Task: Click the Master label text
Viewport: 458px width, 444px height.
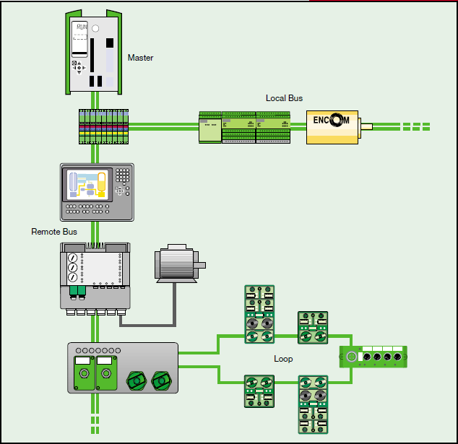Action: (x=140, y=58)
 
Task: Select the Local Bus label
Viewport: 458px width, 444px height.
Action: (x=284, y=98)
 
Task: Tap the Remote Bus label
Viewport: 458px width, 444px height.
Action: (x=54, y=232)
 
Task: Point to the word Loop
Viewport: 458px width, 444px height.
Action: (x=283, y=359)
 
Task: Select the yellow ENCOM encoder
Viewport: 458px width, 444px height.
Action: (x=332, y=127)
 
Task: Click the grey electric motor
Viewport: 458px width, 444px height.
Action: (x=176, y=264)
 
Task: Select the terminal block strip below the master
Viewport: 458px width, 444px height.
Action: (x=103, y=126)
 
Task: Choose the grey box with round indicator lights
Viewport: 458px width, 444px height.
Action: (x=122, y=367)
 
